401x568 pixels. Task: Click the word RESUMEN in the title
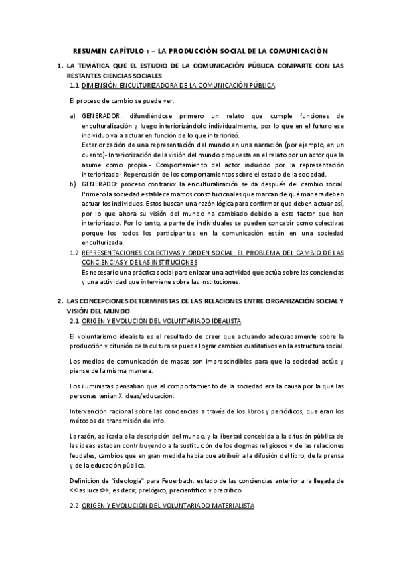point(90,50)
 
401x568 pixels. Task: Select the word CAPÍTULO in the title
point(127,50)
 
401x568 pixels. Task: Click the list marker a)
point(73,116)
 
